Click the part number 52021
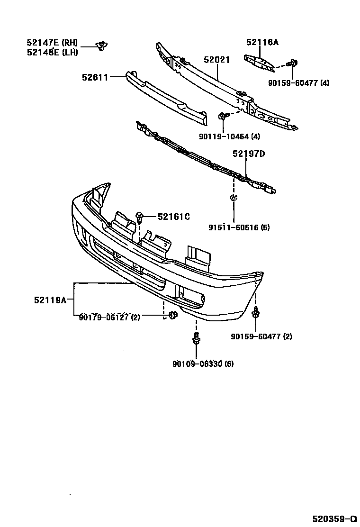click(216, 60)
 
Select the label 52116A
click(262, 43)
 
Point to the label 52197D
click(248, 154)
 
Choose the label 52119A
click(50, 300)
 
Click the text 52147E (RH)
click(52, 43)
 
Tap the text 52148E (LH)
click(52, 52)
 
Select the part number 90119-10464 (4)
click(230, 137)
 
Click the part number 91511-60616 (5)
click(239, 227)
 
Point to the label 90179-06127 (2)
click(109, 318)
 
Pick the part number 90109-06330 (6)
click(203, 364)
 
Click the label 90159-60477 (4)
click(298, 83)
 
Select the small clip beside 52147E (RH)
click(100, 46)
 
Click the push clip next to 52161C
click(140, 218)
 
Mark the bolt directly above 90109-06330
click(196, 339)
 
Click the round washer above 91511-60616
click(234, 198)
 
